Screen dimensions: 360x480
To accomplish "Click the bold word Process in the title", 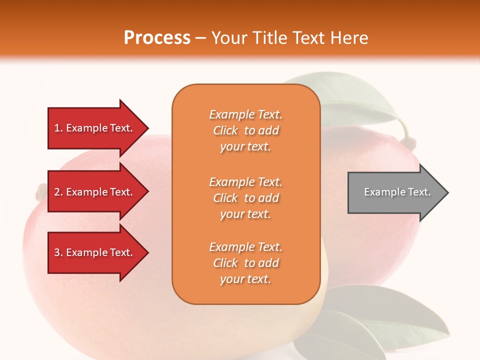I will [157, 38].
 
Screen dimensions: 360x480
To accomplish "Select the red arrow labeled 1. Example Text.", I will [95, 128].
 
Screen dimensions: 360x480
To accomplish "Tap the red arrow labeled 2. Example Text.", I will [95, 192].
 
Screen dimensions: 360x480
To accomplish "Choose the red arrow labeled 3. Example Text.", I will [95, 252].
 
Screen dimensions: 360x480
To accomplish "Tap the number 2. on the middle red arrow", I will [58, 192].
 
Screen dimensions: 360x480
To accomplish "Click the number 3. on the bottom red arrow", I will [58, 252].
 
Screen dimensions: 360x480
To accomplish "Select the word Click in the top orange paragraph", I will [225, 130].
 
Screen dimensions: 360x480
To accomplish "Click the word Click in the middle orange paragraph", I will [225, 198].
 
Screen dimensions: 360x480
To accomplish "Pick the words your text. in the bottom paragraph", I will [245, 279].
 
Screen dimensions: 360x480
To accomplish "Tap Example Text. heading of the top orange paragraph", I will [245, 114].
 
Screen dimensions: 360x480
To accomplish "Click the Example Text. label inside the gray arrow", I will [397, 192].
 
